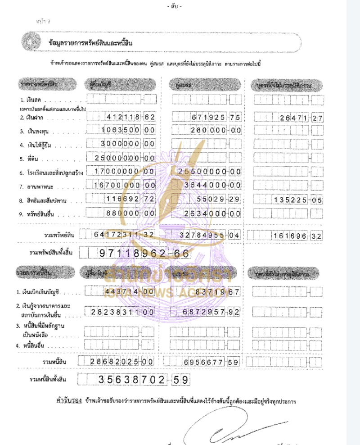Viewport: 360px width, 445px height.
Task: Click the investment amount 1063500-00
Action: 126,131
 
